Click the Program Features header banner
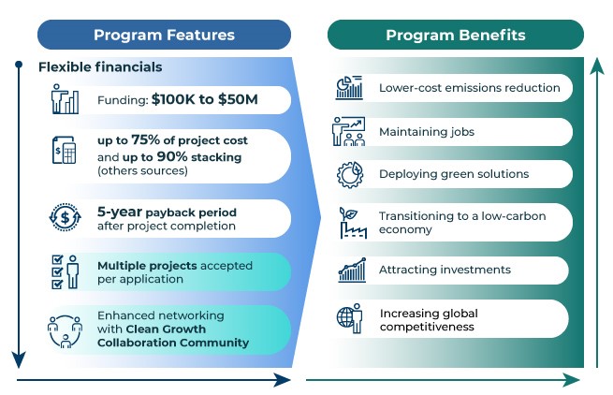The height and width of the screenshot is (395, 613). click(x=164, y=35)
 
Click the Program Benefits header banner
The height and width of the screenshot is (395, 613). click(x=456, y=35)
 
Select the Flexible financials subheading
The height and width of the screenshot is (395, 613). click(x=100, y=67)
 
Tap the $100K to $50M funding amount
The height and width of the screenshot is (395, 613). click(x=204, y=99)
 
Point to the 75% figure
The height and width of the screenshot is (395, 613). click(x=145, y=139)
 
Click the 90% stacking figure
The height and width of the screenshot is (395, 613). click(x=172, y=156)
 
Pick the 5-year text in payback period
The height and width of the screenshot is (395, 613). click(x=120, y=212)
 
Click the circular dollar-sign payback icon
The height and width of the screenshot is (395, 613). click(x=66, y=217)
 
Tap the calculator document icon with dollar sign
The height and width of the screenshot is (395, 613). click(x=65, y=150)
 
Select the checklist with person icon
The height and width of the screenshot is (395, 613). click(x=66, y=272)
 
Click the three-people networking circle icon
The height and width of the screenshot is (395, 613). click(x=66, y=331)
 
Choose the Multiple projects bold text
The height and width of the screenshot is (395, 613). click(x=147, y=266)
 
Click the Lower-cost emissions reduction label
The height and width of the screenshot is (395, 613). click(x=470, y=88)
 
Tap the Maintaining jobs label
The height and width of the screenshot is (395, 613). click(x=427, y=132)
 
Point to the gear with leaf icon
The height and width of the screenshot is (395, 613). click(x=350, y=175)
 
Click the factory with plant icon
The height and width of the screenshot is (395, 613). click(x=353, y=223)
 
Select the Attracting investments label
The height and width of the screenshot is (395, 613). click(x=445, y=270)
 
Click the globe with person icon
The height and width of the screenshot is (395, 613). click(x=350, y=318)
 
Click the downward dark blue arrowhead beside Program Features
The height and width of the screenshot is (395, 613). click(x=19, y=359)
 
